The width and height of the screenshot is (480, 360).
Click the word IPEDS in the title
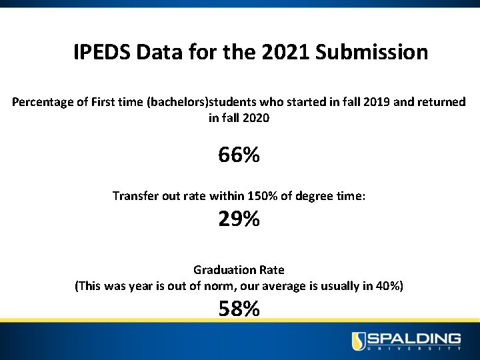(x=102, y=52)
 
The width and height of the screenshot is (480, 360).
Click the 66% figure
(x=239, y=155)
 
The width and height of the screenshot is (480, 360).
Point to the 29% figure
(x=239, y=219)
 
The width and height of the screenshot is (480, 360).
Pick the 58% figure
(x=239, y=309)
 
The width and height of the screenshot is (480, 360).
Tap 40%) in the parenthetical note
(x=389, y=286)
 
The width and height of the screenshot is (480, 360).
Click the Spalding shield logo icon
(x=359, y=341)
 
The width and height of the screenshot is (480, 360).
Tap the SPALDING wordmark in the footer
(x=414, y=338)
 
